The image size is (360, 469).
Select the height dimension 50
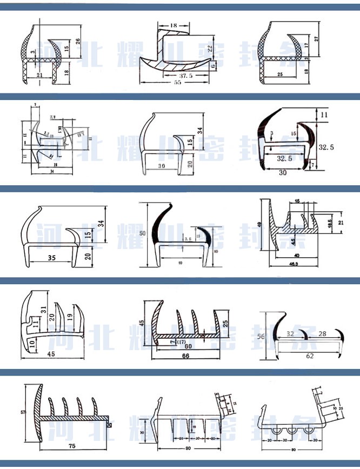[x=142, y=233]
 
